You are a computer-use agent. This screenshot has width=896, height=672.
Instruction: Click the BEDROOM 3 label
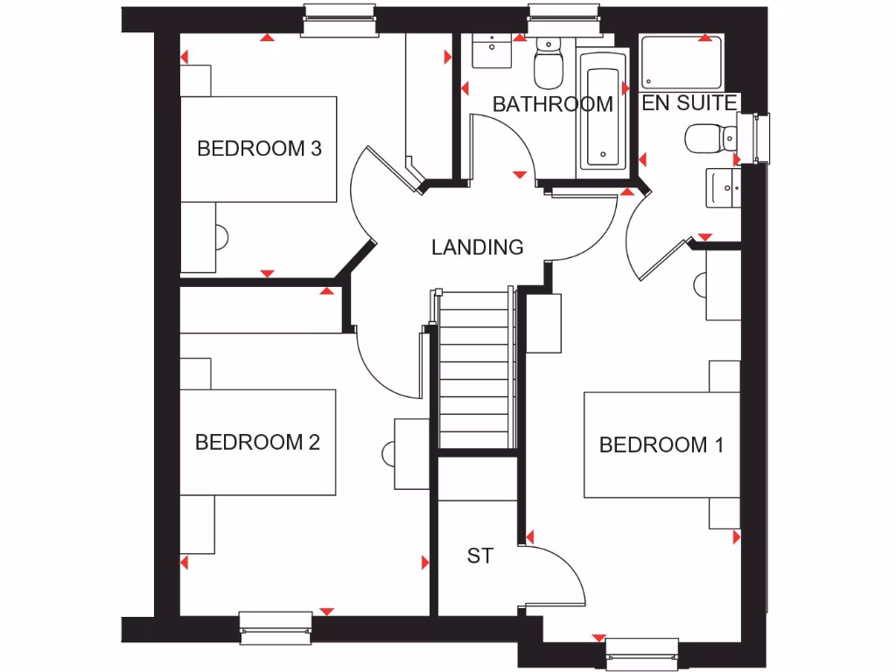259,148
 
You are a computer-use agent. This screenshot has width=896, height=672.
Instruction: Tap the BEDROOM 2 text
257,442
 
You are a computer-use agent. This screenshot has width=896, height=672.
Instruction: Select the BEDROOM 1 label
661,444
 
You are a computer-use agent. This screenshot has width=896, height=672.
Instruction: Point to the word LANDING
477,248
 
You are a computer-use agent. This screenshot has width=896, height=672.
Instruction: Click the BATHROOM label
552,104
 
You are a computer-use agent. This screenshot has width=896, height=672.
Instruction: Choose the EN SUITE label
689,103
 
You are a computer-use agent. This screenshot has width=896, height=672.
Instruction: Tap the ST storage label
479,556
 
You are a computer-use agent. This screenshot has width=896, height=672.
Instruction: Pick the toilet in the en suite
708,137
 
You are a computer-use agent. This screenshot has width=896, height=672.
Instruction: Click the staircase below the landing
473,367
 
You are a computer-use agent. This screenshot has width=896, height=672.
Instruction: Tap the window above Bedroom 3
341,19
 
